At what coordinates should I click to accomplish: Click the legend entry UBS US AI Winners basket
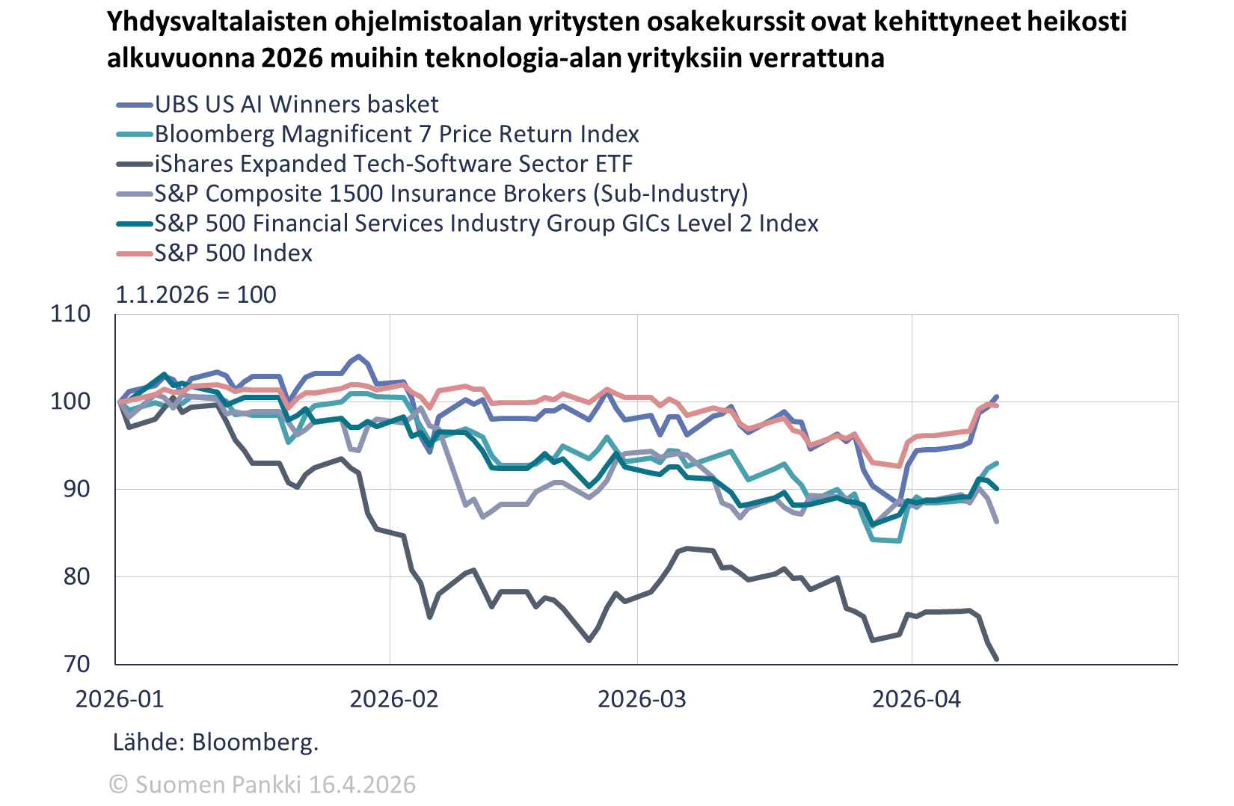(297, 105)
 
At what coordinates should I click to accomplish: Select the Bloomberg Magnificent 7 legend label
(396, 135)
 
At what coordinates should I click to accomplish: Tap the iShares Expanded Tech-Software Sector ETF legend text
(393, 164)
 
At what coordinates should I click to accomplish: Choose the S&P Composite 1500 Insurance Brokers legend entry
(451, 194)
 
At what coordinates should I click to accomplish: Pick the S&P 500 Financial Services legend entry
(486, 224)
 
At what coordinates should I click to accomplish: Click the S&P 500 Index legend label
(233, 253)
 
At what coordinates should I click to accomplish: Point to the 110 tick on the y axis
(70, 314)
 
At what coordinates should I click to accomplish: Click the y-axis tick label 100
(70, 402)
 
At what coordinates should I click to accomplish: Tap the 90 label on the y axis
(75, 489)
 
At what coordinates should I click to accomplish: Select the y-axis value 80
(75, 576)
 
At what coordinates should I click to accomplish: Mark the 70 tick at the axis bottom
(75, 664)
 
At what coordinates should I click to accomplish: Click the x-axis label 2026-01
(120, 699)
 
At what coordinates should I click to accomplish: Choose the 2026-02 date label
(394, 699)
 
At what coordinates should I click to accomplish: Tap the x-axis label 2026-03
(642, 699)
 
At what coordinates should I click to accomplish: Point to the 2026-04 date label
(916, 699)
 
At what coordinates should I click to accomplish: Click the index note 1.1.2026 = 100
(196, 295)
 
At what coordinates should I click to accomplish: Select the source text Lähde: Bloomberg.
(215, 742)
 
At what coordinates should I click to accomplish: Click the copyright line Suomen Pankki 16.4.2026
(263, 784)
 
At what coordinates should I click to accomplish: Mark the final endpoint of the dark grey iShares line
(996, 659)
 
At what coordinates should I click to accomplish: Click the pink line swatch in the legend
(135, 254)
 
